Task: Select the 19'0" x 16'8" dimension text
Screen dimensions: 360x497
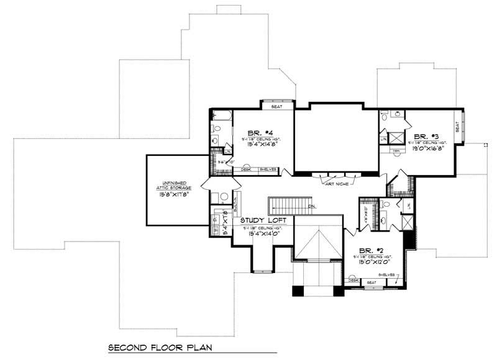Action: coord(426,148)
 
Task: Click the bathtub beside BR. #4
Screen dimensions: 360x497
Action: coord(222,115)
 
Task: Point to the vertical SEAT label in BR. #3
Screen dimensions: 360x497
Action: coord(458,126)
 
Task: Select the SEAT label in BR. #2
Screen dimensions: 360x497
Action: coord(372,282)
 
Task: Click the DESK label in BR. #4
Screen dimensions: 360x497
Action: coord(246,169)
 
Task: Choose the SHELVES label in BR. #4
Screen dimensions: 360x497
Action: coord(268,169)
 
